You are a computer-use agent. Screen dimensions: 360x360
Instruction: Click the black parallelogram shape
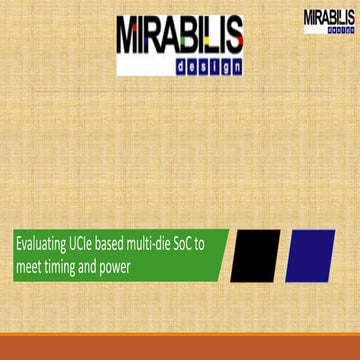255,256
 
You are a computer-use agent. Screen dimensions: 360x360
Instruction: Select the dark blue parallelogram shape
309,256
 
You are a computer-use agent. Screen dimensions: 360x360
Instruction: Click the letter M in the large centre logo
131,36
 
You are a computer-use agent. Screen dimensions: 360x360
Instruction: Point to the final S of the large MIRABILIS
230,36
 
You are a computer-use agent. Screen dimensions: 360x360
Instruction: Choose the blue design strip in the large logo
180,66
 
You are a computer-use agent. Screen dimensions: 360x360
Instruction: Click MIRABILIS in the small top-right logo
328,17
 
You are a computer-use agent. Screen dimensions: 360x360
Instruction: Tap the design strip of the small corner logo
340,30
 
